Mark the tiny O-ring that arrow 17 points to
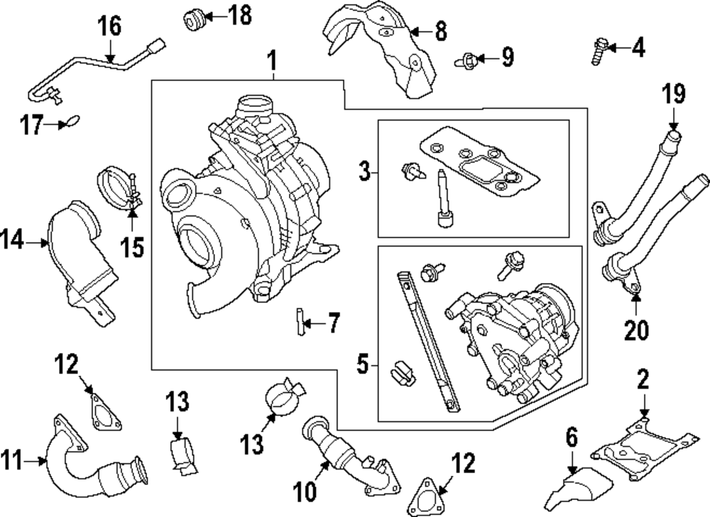(73, 123)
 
